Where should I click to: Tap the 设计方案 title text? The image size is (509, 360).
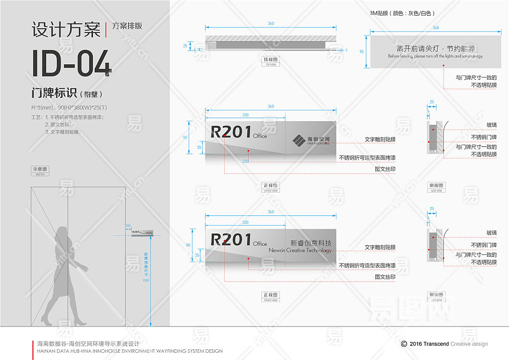click(65, 28)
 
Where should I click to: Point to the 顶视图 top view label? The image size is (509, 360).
click(270, 60)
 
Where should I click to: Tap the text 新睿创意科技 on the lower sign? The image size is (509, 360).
click(310, 243)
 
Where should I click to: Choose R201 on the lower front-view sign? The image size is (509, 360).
click(231, 239)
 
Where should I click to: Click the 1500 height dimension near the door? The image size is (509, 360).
click(145, 280)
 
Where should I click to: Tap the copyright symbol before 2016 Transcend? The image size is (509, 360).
click(404, 344)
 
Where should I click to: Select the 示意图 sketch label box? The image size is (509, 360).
click(40, 170)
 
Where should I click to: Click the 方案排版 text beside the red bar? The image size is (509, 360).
click(127, 26)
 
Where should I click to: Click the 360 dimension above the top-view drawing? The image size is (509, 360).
click(271, 23)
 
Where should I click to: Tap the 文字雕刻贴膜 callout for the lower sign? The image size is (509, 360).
click(380, 247)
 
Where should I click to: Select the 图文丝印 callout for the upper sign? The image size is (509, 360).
click(385, 169)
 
